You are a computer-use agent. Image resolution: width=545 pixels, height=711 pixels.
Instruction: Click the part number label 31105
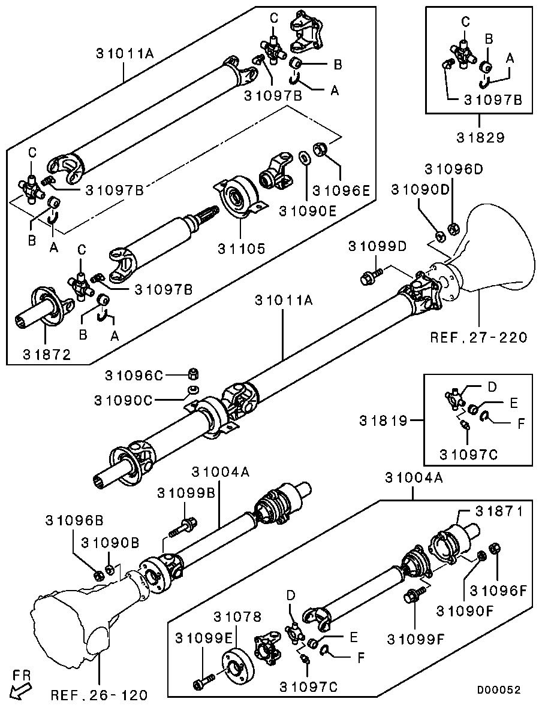(x=240, y=248)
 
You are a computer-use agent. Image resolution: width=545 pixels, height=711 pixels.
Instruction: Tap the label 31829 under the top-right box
(x=478, y=137)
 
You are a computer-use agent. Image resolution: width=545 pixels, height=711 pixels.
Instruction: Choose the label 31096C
(x=134, y=376)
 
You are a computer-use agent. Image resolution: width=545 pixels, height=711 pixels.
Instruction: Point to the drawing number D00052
(x=499, y=690)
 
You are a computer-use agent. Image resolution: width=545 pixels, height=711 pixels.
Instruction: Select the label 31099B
(x=186, y=493)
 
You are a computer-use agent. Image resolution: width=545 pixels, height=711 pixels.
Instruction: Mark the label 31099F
(x=415, y=637)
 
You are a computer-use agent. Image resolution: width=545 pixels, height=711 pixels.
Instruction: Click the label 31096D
(x=454, y=169)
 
